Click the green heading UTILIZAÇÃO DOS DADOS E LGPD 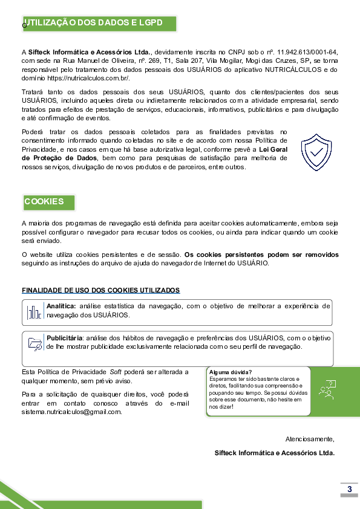tap(94, 23)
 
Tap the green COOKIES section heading tap(44, 201)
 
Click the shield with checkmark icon tap(316, 152)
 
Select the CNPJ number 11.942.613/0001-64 tap(307, 52)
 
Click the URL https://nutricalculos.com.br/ tap(88, 78)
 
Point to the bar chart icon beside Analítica tap(34, 313)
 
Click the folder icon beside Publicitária tap(34, 344)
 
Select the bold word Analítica tap(61, 306)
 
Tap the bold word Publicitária tap(65, 338)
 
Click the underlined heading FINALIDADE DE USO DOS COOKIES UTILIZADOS tap(100, 290)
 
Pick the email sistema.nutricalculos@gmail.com tap(72, 412)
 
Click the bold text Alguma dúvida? tap(231, 372)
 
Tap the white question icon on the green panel tap(327, 389)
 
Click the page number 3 tap(349, 489)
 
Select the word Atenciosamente tap(310, 439)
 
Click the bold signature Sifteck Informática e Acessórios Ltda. tap(275, 453)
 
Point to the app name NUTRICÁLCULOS tap(293, 70)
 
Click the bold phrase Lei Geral tap(273, 149)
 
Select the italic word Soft tap(116, 372)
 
